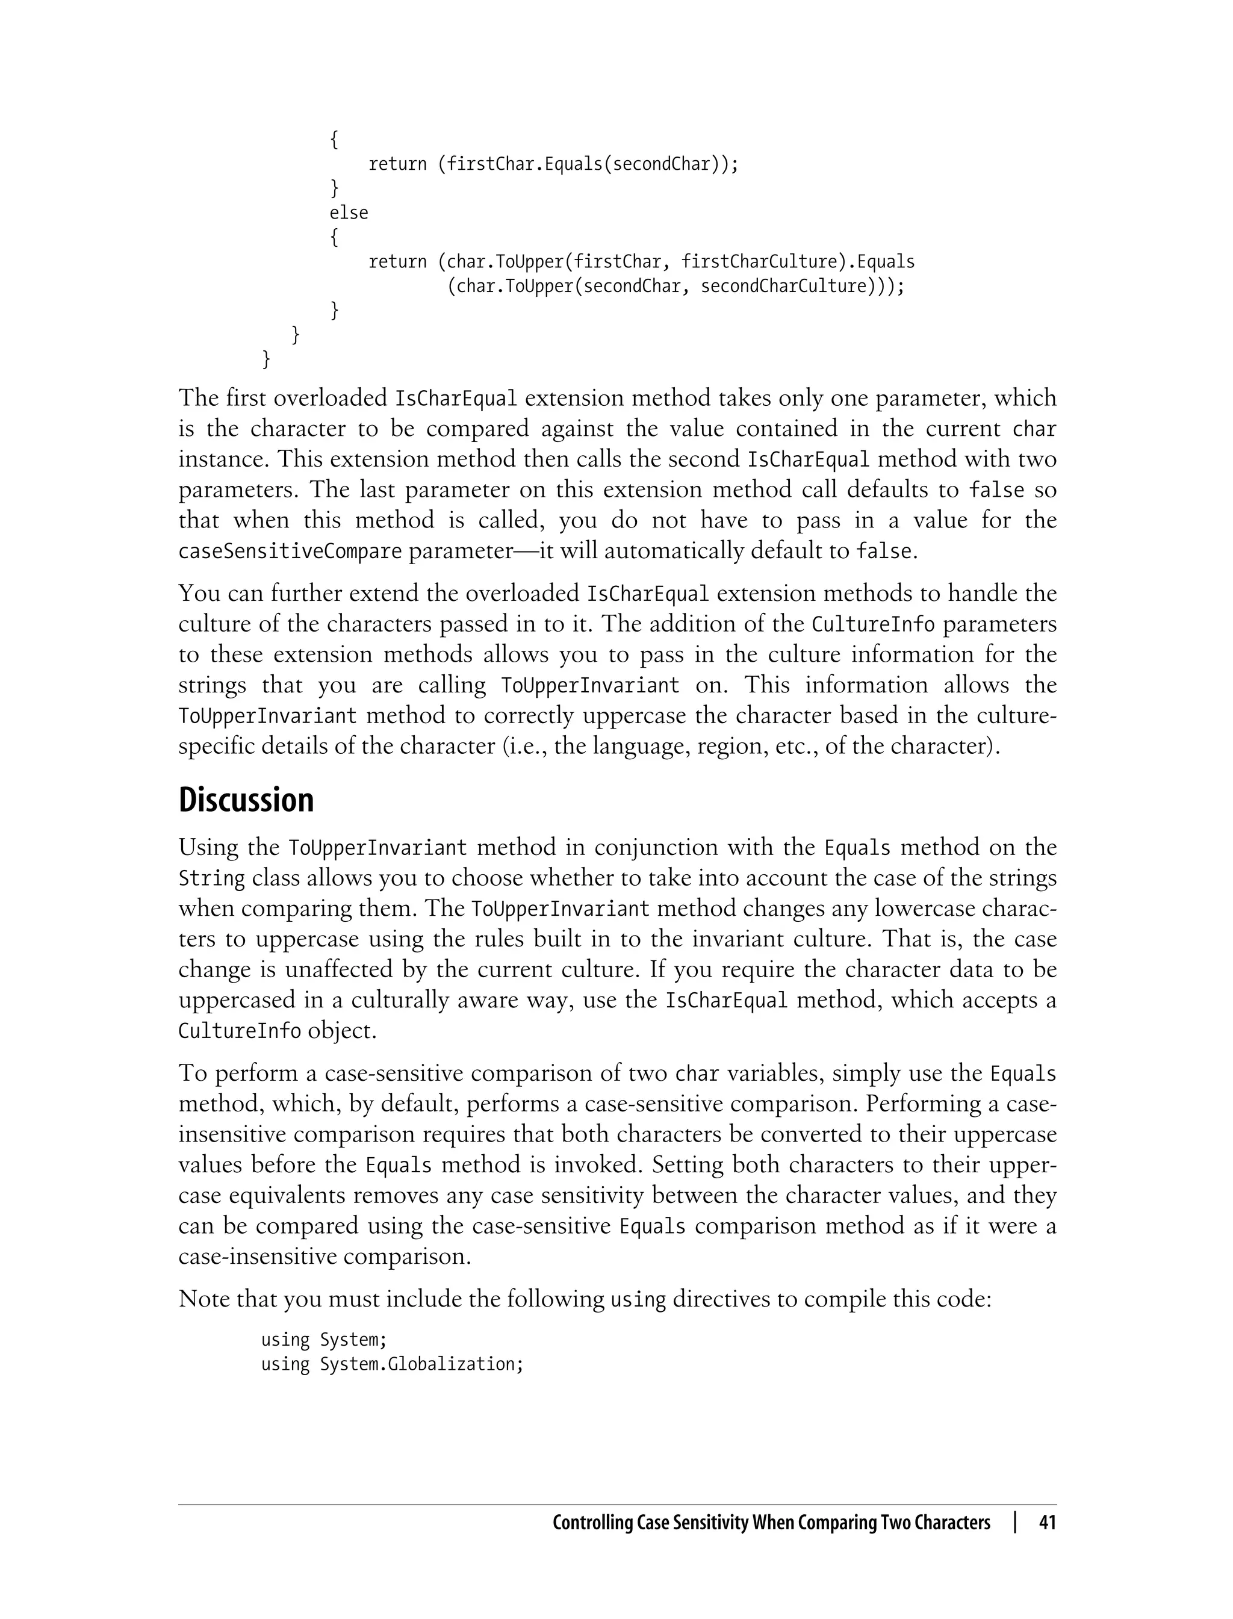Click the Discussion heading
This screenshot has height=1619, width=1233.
pyautogui.click(x=246, y=800)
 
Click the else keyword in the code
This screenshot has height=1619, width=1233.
pyautogui.click(x=349, y=213)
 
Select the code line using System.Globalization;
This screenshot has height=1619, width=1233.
pyautogui.click(x=392, y=1364)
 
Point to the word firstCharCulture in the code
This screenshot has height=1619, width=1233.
pyautogui.click(x=758, y=262)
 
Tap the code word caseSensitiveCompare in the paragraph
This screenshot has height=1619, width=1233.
pyautogui.click(x=290, y=551)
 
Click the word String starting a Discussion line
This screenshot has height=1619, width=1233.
pyautogui.click(x=211, y=878)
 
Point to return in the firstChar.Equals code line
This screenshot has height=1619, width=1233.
pyautogui.click(x=397, y=164)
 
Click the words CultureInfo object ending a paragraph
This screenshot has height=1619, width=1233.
pyautogui.click(x=277, y=1030)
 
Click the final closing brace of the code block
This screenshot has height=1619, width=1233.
pyautogui.click(x=267, y=359)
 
